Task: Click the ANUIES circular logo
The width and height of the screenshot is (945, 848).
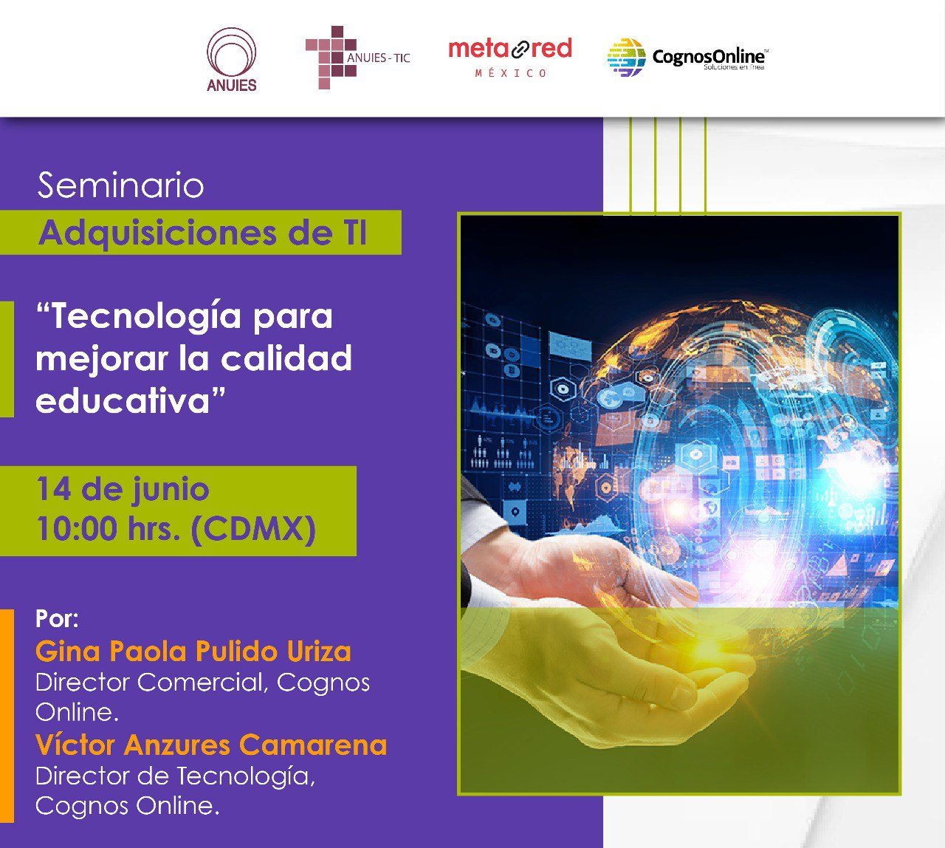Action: click(x=231, y=59)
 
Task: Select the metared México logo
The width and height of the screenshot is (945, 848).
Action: click(x=510, y=58)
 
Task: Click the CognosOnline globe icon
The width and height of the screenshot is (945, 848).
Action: click(x=626, y=57)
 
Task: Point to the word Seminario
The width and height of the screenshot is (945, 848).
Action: click(x=121, y=185)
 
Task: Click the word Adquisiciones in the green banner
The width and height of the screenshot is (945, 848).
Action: click(x=158, y=233)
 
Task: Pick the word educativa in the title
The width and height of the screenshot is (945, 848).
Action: click(x=123, y=400)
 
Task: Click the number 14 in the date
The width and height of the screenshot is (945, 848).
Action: click(x=53, y=489)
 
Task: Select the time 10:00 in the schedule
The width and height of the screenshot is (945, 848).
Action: click(x=77, y=528)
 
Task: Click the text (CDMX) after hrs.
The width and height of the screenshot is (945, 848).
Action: click(x=253, y=529)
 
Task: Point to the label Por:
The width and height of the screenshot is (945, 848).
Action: click(x=58, y=619)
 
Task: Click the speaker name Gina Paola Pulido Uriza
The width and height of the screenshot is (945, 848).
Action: click(x=193, y=652)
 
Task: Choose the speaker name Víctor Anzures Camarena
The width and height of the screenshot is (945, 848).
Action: click(x=211, y=745)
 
